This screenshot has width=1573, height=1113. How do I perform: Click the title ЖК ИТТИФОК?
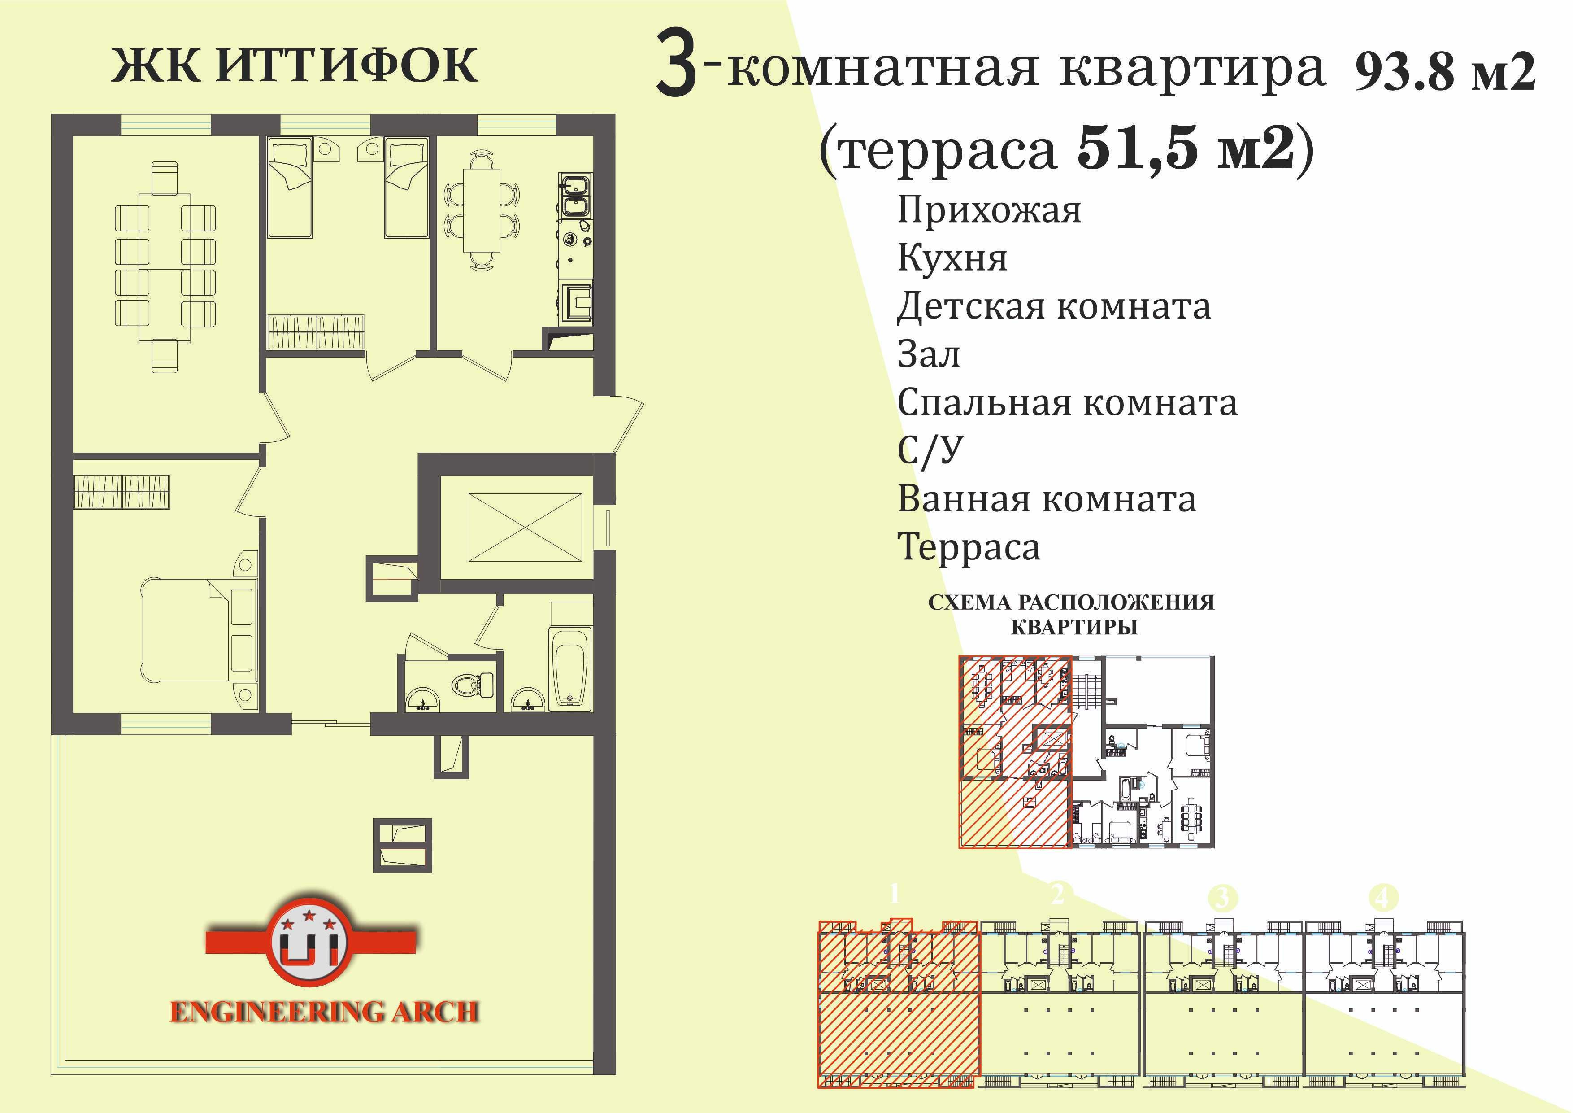(295, 66)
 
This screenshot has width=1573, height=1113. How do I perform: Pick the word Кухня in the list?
(952, 259)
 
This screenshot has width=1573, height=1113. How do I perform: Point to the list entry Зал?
(928, 354)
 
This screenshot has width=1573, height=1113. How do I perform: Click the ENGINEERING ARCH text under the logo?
(324, 1012)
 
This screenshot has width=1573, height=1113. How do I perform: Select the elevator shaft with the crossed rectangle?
(525, 528)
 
